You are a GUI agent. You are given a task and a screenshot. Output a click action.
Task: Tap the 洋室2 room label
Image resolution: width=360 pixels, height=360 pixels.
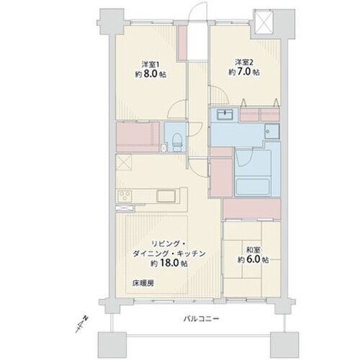pyautogui.click(x=243, y=62)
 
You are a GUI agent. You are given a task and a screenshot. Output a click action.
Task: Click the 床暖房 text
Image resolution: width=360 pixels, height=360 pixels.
pyautogui.click(x=143, y=282)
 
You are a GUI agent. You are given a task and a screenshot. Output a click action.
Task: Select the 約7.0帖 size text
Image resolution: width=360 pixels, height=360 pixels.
pyautogui.click(x=243, y=73)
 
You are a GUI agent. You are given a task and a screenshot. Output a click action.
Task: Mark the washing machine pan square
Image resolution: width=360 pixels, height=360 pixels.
pyautogui.click(x=271, y=132)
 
